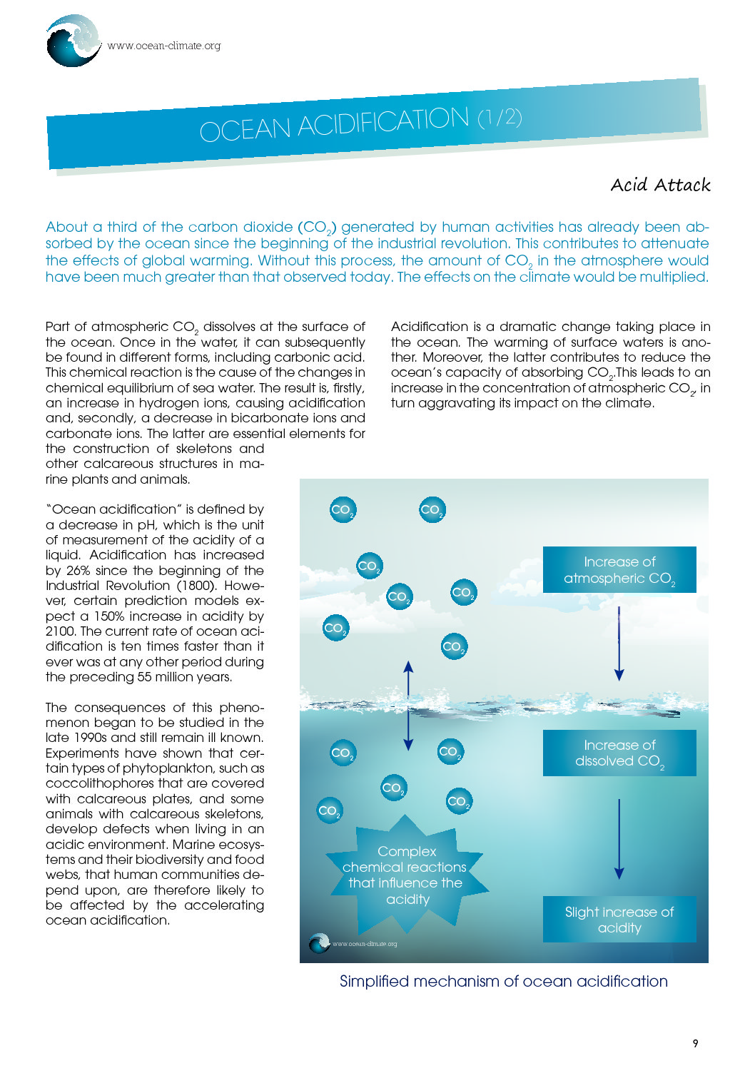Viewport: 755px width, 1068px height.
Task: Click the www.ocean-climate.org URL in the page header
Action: (164, 46)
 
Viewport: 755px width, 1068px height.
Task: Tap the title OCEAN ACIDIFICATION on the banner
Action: (334, 125)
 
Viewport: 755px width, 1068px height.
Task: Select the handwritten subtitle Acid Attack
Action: (660, 185)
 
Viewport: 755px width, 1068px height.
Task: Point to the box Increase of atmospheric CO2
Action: (619, 569)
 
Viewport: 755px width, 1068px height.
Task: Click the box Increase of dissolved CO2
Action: (619, 753)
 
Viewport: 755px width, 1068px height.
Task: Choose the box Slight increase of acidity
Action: (619, 920)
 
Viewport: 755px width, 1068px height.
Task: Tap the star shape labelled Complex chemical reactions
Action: (406, 875)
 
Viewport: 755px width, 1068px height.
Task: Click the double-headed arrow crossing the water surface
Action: (408, 706)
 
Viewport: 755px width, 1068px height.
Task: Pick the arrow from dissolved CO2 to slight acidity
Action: (619, 839)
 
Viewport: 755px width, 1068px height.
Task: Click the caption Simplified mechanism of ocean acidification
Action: (503, 982)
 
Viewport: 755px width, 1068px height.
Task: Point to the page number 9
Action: (696, 1044)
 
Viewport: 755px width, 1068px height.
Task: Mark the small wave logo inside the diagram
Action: (319, 943)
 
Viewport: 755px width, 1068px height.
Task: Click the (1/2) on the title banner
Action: (500, 117)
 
